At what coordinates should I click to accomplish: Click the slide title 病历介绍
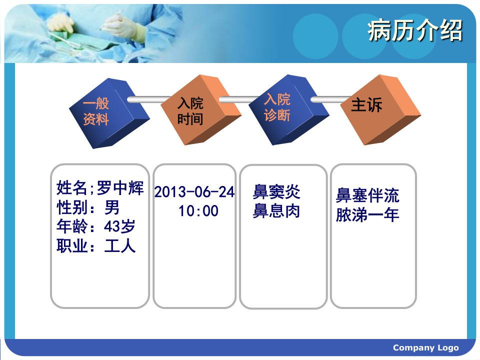click(x=415, y=30)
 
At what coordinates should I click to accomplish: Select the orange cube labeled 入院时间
click(x=201, y=109)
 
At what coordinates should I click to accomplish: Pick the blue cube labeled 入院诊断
click(x=288, y=109)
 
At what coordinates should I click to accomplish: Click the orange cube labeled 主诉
click(x=380, y=109)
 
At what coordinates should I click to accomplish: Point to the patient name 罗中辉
click(x=120, y=187)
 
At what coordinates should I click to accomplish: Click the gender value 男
click(x=111, y=207)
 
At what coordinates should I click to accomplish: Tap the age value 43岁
click(x=119, y=226)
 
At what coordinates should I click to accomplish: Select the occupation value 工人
click(x=119, y=246)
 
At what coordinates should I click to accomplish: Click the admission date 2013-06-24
click(x=194, y=192)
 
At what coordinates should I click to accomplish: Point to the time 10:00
click(x=198, y=211)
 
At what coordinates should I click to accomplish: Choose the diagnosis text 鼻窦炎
click(x=276, y=191)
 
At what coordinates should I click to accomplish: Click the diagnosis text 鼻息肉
click(x=276, y=211)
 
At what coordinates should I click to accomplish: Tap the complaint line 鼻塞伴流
click(x=367, y=195)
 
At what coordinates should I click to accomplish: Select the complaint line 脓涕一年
click(x=367, y=214)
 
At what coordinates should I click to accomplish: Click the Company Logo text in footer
click(x=426, y=348)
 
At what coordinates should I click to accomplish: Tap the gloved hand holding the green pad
click(x=60, y=25)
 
